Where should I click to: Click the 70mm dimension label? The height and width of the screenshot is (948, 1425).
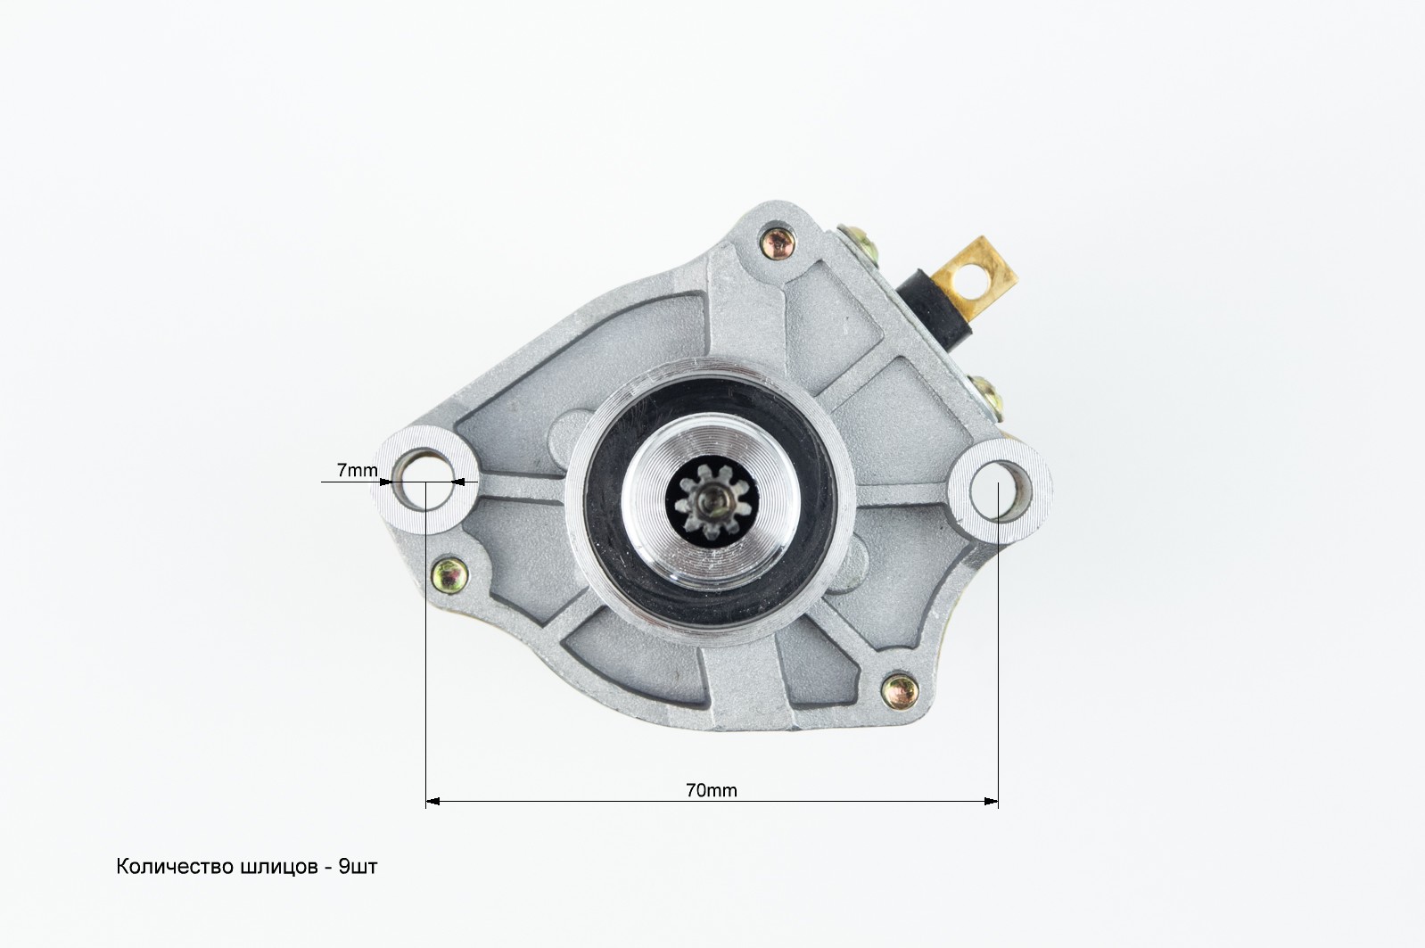(x=712, y=790)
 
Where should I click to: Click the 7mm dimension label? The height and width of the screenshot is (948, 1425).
(x=357, y=470)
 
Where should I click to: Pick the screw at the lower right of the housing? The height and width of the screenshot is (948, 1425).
(x=900, y=690)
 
